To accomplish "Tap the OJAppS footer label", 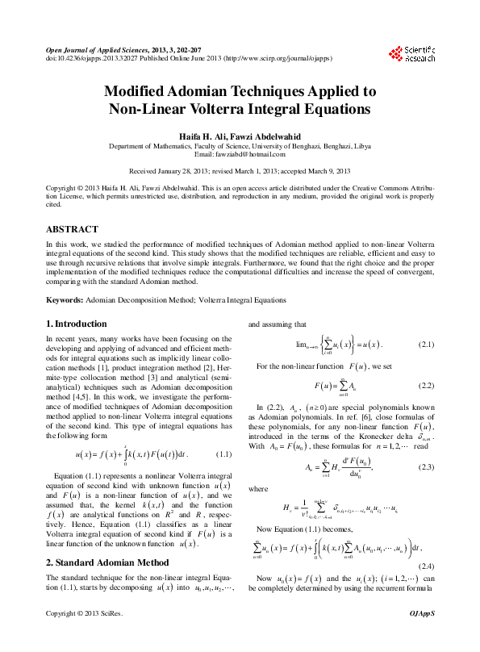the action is click(x=423, y=637).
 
